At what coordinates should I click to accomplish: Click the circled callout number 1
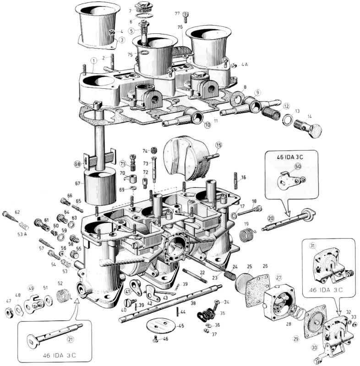coord(93,60)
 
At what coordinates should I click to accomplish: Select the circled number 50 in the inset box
coord(297,167)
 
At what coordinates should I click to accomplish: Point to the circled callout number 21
coord(70,339)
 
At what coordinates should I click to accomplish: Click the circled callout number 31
coord(313,246)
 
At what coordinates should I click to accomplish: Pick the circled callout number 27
coord(278,277)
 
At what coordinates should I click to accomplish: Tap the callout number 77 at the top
coord(177,14)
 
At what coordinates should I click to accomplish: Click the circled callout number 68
coord(77,163)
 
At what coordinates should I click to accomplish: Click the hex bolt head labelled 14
coord(315,131)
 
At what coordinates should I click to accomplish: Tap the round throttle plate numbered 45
coord(160,326)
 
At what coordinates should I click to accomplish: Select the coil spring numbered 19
coord(248,235)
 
